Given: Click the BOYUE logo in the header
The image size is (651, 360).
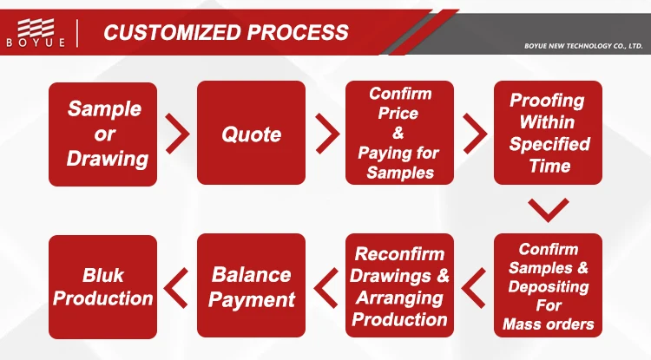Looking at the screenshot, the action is (x=36, y=32).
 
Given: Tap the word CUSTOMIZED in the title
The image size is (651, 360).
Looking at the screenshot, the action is (x=172, y=32).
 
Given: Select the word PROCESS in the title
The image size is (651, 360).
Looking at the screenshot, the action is (x=298, y=32).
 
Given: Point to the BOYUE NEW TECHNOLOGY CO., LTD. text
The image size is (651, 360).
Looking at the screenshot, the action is (x=583, y=46).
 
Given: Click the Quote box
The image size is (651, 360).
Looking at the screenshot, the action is (x=251, y=133).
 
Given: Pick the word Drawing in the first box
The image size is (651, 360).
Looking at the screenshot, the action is (x=107, y=159).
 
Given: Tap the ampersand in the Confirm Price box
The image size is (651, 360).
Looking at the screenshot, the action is (x=398, y=133).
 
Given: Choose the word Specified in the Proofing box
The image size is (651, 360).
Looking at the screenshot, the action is (x=549, y=144).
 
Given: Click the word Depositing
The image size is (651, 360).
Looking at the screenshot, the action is (x=549, y=286).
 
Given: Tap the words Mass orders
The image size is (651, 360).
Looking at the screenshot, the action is (x=549, y=324).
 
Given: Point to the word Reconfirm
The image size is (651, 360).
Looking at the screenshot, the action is (x=399, y=254).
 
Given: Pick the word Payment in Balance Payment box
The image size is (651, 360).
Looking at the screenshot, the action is (x=252, y=300).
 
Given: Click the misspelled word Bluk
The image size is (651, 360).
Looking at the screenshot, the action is (x=103, y=275).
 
